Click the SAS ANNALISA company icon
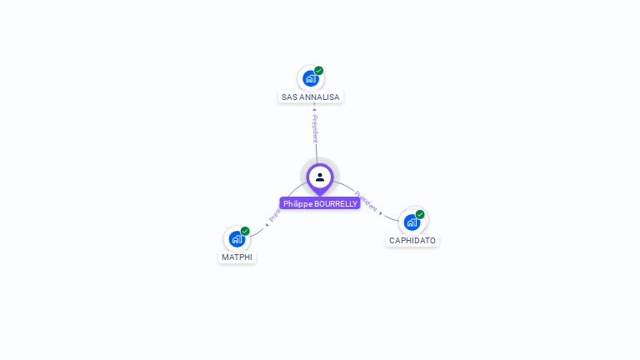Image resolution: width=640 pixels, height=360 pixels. [x=311, y=78]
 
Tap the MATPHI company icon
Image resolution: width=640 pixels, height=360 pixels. [x=237, y=239]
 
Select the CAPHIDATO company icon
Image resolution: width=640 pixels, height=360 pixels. [x=412, y=222]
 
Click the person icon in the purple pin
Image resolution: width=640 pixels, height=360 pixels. [x=320, y=177]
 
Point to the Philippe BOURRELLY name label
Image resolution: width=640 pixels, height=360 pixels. [x=320, y=203]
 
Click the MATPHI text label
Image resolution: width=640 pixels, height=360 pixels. [x=237, y=257]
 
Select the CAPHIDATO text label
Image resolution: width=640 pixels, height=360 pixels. [x=412, y=241]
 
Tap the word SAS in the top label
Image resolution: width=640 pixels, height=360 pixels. [x=289, y=97]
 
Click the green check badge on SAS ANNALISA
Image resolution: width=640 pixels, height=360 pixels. [x=319, y=71]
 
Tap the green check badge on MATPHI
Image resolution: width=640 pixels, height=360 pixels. [x=245, y=231]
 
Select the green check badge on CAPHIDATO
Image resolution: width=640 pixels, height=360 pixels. [x=420, y=214]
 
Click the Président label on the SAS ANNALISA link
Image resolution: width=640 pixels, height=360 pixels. [x=314, y=128]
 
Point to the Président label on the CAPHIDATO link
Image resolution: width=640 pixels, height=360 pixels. [x=366, y=201]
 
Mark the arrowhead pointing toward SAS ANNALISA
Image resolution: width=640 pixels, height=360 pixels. [x=314, y=109]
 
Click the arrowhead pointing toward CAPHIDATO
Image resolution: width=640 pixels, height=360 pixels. [x=382, y=213]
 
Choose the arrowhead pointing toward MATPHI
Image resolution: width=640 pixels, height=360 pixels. [x=267, y=225]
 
